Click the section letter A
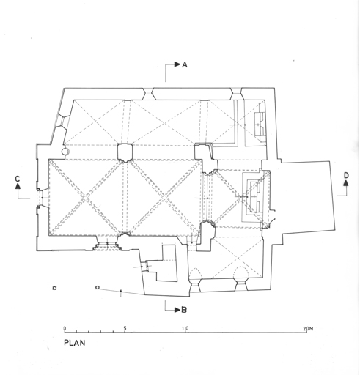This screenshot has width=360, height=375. click(185, 64)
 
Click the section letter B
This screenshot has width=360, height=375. click(184, 310)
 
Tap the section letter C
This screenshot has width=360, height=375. click(18, 179)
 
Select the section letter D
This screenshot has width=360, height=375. click(346, 175)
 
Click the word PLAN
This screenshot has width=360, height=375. click(75, 343)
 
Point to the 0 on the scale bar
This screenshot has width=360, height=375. click(65, 328)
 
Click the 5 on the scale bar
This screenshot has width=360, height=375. click(125, 328)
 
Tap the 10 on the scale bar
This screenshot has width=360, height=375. click(185, 328)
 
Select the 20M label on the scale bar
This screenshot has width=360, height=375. click(308, 329)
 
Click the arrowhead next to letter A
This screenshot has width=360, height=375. click(177, 64)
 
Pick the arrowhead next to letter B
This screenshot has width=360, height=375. click(177, 310)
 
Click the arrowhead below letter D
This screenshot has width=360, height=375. click(346, 183)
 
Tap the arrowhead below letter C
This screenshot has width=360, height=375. click(18, 186)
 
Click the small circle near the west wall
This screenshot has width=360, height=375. click(65, 152)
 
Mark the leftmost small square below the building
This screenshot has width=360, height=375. click(54, 289)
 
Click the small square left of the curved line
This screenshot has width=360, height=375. click(98, 288)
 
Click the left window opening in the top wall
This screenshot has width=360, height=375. click(148, 94)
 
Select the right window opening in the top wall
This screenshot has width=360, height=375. click(237, 94)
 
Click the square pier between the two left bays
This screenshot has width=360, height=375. click(125, 152)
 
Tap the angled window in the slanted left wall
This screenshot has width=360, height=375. click(62, 122)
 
